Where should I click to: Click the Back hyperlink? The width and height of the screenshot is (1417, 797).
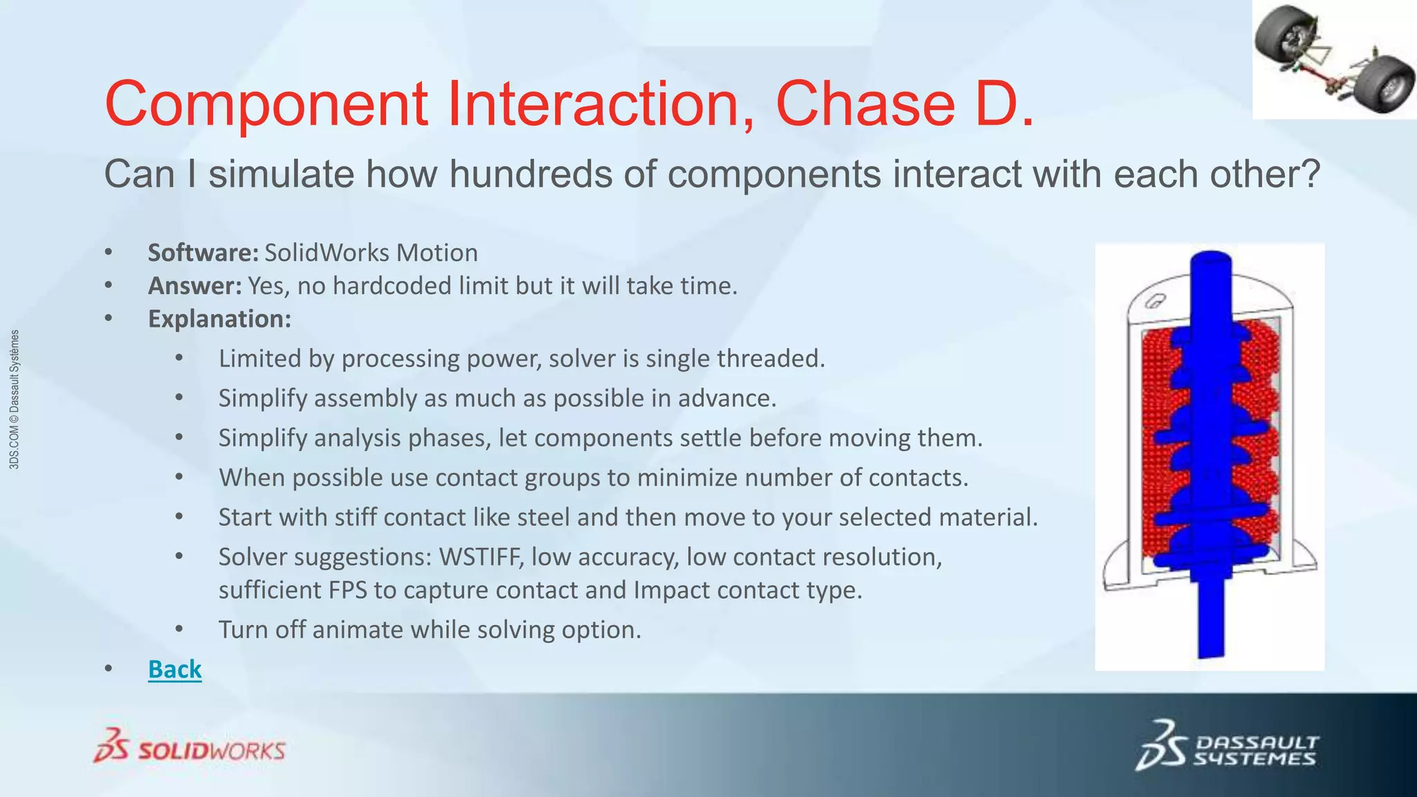[174, 669]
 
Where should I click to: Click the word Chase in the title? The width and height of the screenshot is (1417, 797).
[865, 104]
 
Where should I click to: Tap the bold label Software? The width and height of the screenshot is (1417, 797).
[203, 253]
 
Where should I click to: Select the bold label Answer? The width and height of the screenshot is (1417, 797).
[195, 286]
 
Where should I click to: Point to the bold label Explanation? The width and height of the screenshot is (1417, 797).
[219, 319]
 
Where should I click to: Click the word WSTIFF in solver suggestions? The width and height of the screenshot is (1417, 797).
[481, 557]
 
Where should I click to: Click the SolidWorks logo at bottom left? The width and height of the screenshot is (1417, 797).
[190, 746]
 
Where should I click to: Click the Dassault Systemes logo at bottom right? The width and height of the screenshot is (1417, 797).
[1227, 744]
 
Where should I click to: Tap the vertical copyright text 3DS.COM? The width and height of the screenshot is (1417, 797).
[15, 400]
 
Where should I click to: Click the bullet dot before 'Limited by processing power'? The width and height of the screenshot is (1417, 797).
[179, 358]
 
